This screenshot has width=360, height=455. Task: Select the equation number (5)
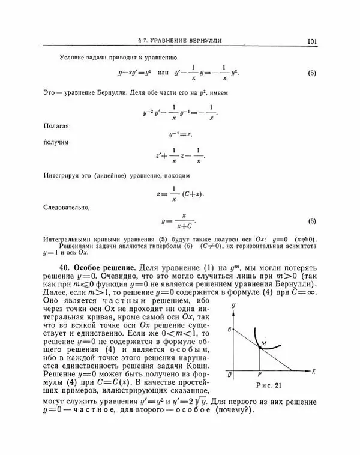[312, 73]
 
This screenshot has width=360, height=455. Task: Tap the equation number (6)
[312, 221]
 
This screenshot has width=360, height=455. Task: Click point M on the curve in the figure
[262, 342]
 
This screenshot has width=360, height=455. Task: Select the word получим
[56, 143]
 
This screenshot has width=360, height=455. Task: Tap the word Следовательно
[67, 208]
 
